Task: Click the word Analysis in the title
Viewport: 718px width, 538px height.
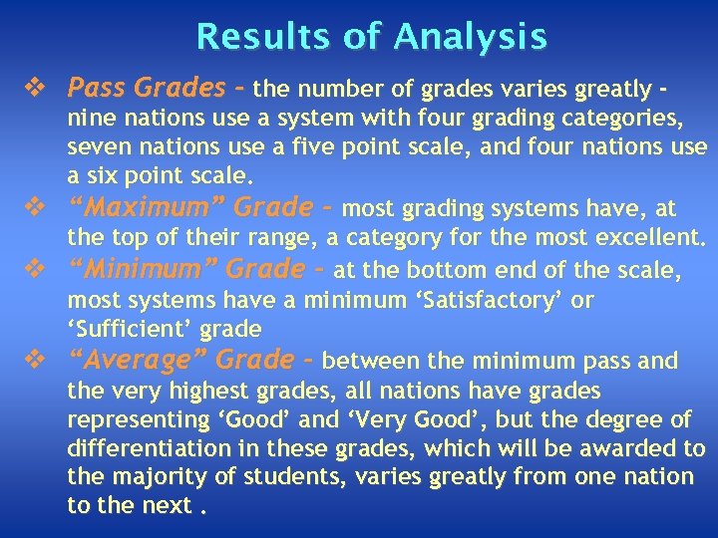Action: [x=470, y=37]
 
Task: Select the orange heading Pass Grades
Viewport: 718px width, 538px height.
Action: [x=146, y=88]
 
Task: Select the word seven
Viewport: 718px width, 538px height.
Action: [x=96, y=148]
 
